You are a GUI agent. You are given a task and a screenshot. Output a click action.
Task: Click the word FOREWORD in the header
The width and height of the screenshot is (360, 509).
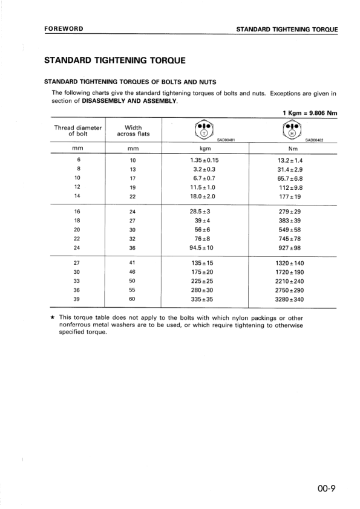tap(64, 29)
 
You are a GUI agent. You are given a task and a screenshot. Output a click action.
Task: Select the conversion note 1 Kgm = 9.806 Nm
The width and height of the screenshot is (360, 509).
tap(310, 113)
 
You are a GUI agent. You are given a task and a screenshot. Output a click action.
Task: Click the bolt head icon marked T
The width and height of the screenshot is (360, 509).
tap(203, 131)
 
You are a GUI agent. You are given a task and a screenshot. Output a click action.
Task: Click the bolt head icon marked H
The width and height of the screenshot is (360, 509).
tap(292, 131)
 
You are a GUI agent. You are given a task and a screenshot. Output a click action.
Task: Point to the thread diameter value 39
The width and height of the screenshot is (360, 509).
tap(77, 299)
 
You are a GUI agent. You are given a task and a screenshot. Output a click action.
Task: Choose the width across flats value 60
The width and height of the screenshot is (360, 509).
tap(133, 299)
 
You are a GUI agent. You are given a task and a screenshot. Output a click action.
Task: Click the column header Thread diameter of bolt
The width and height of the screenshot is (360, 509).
tap(77, 131)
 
